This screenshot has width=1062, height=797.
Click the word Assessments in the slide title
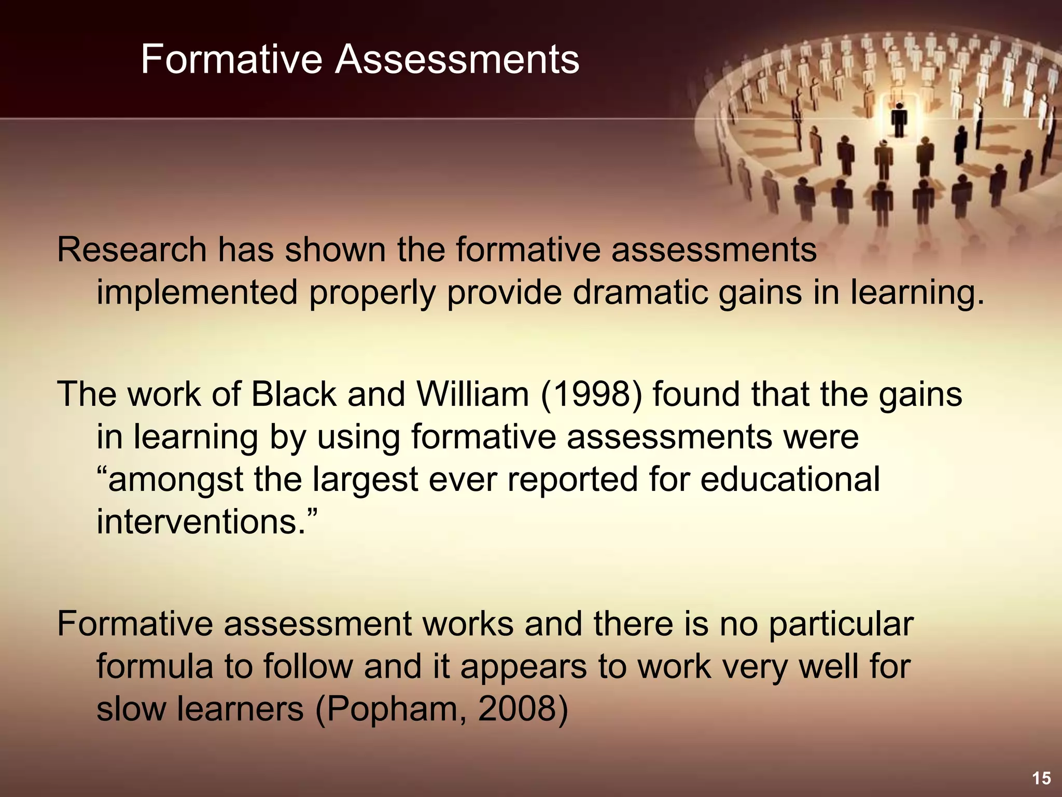pyautogui.click(x=457, y=60)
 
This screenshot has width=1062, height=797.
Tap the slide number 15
pyautogui.click(x=1041, y=778)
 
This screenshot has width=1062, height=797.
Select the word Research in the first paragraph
pyautogui.click(x=132, y=250)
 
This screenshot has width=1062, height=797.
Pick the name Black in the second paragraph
pyautogui.click(x=294, y=394)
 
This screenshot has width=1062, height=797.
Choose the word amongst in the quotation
pyautogui.click(x=175, y=480)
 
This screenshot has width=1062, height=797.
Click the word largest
pyautogui.click(x=365, y=480)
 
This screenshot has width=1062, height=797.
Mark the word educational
pyautogui.click(x=790, y=479)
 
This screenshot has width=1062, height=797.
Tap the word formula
pyautogui.click(x=155, y=666)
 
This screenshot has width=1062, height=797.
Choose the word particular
pyautogui.click(x=841, y=624)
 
